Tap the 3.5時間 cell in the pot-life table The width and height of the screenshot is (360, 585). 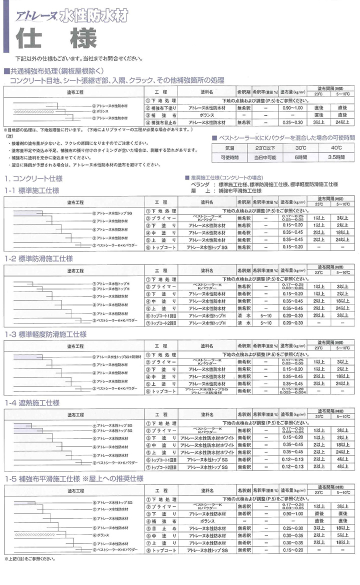329,156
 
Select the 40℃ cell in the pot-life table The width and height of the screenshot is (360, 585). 329,147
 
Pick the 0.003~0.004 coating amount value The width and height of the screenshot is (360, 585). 293,393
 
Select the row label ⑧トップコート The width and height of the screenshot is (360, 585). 161,550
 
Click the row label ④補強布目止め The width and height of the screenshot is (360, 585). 161,122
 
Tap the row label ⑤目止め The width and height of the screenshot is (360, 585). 161,527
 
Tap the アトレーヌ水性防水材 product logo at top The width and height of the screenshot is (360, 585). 70,15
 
